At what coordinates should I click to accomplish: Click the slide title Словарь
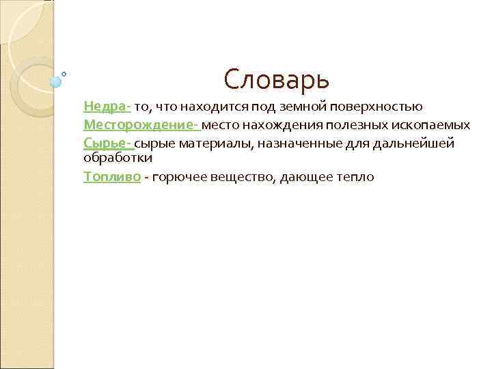276,80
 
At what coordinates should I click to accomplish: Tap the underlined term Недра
105,107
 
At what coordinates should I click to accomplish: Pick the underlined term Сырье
106,142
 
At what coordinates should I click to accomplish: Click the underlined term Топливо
113,177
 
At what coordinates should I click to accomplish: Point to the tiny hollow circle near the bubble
64,73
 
